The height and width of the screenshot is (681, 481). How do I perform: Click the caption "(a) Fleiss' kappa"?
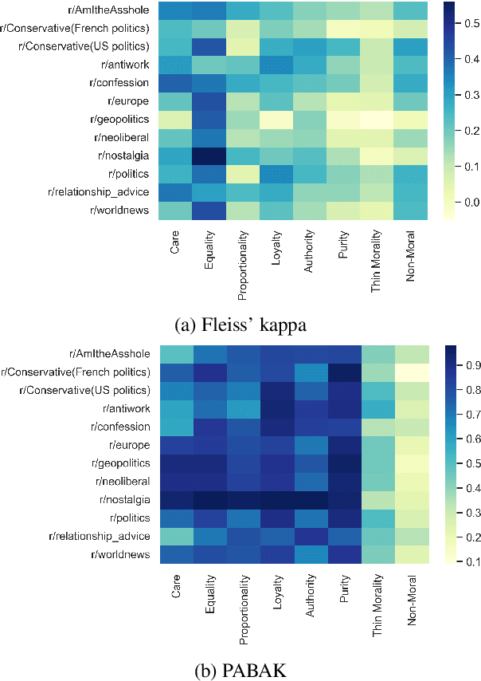pos(240,325)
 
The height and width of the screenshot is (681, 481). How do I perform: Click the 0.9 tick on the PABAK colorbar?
pos(460,365)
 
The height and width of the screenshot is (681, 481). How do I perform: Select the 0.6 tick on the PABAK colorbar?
pos(460,439)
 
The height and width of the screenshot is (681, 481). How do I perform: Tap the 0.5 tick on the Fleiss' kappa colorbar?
pos(460,25)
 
